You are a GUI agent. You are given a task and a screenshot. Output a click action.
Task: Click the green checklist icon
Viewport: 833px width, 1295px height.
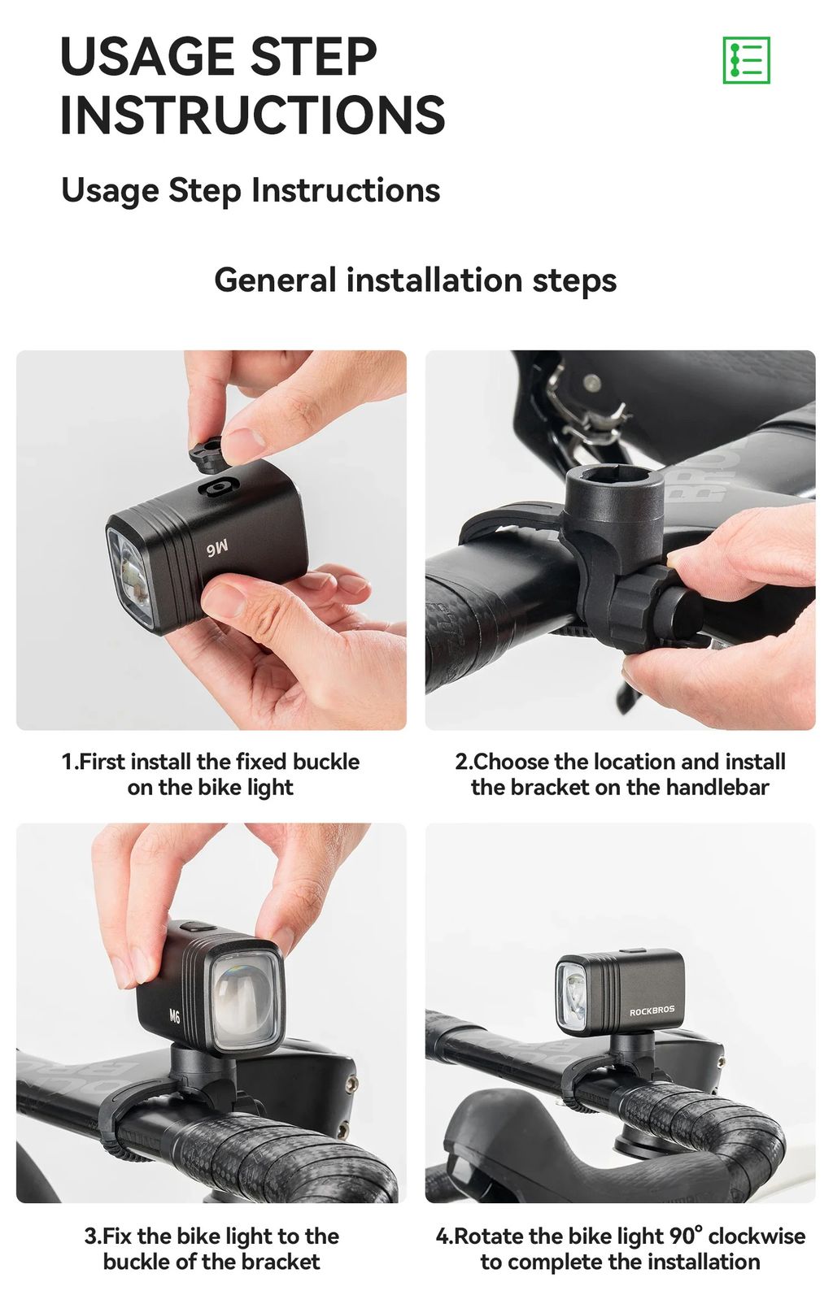pyautogui.click(x=746, y=60)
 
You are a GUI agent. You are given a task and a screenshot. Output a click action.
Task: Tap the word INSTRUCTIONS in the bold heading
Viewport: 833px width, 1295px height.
pyautogui.click(x=253, y=115)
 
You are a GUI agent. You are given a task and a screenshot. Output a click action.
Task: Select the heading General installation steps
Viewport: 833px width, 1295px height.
pyautogui.click(x=416, y=280)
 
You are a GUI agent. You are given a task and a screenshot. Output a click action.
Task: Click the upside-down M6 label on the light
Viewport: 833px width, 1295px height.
pyautogui.click(x=216, y=548)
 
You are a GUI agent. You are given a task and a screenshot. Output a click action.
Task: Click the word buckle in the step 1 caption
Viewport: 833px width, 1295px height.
pyautogui.click(x=326, y=762)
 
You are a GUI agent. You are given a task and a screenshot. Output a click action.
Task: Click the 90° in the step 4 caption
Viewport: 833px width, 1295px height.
pyautogui.click(x=687, y=1236)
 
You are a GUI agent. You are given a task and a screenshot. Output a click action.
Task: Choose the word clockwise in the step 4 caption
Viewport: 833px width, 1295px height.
pyautogui.click(x=757, y=1236)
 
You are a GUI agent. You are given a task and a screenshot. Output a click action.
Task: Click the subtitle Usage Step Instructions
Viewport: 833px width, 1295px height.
pyautogui.click(x=251, y=191)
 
